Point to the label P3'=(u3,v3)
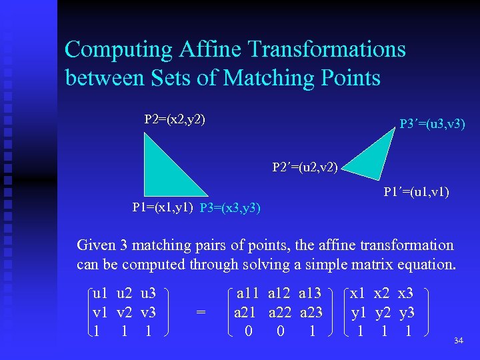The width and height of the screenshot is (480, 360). point(432,124)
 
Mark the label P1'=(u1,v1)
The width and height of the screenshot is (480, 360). point(416,193)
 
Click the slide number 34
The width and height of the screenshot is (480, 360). point(458,341)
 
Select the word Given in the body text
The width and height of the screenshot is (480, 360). point(95,245)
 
